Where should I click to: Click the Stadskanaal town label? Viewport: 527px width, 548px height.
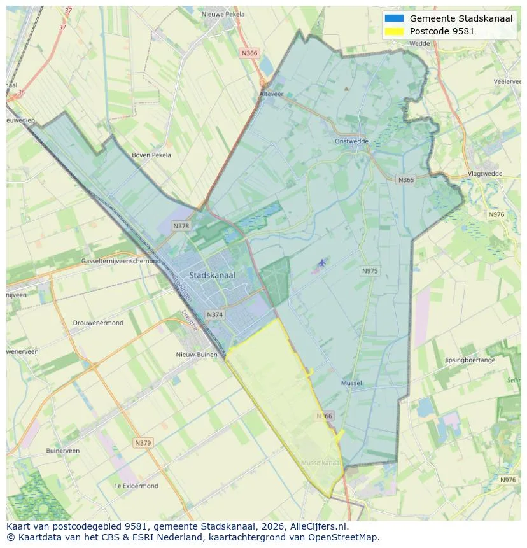[212, 275]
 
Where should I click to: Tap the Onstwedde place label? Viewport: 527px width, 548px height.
[351, 141]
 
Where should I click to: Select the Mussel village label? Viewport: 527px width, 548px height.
[351, 383]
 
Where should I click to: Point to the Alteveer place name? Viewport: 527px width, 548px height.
[271, 93]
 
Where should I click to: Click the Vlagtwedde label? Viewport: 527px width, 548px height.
[485, 173]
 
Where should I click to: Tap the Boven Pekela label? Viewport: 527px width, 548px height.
[151, 155]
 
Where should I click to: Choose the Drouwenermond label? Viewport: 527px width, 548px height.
[98, 323]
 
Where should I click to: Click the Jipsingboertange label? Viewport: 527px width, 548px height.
[470, 360]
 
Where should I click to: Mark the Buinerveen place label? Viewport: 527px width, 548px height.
[63, 451]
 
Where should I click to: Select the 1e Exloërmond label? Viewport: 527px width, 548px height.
[136, 486]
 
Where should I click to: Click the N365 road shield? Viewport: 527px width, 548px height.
[405, 180]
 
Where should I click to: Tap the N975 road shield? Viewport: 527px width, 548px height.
[370, 271]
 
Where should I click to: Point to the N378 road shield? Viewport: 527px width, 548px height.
[181, 226]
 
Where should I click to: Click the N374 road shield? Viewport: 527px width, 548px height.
[215, 314]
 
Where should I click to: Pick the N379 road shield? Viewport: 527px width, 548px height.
[143, 442]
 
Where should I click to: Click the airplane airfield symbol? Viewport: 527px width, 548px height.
[321, 262]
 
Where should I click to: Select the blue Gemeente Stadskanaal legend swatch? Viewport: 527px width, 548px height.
[394, 18]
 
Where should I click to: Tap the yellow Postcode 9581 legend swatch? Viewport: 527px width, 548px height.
[394, 31]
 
